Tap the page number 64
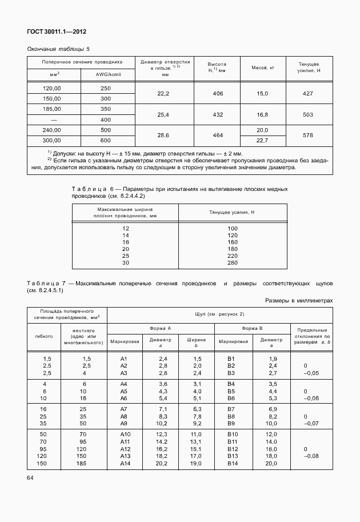31,477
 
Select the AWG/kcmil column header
106,74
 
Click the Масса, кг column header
263,67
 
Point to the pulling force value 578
308,136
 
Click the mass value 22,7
262,141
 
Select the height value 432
217,114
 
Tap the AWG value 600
106,141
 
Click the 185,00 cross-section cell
52,109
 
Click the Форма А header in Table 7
161,328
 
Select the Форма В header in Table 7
252,328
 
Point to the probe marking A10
126,435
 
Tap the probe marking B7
231,410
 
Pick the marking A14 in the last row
126,464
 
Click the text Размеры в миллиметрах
299,300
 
